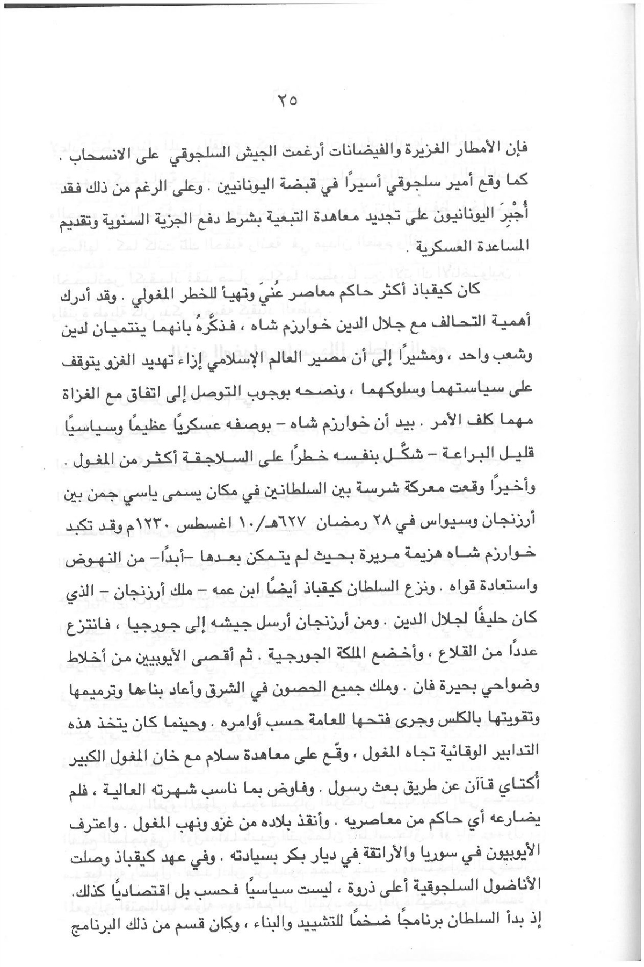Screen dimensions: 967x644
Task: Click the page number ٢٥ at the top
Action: coord(286,102)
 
